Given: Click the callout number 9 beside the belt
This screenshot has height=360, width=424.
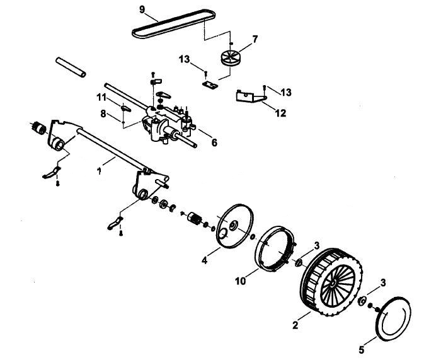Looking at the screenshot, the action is (142, 9).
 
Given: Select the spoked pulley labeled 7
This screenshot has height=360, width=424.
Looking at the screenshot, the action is (231, 57).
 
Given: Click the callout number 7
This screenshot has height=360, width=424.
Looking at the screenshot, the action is (255, 40).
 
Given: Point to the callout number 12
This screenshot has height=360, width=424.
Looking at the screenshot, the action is (280, 113).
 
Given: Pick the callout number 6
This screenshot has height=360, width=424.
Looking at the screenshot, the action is (214, 142).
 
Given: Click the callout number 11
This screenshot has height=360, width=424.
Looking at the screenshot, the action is (101, 97).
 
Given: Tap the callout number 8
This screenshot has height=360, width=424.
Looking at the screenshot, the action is (103, 113).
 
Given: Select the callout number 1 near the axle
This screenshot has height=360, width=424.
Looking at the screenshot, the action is (100, 171).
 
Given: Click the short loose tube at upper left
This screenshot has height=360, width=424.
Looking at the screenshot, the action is (71, 67).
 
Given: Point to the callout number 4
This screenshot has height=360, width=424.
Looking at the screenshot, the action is (204, 260).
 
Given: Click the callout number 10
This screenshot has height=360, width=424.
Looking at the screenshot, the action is (241, 281).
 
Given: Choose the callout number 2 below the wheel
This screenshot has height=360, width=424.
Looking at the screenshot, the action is (295, 325).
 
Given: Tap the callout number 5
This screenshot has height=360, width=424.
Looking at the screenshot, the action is (362, 350).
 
